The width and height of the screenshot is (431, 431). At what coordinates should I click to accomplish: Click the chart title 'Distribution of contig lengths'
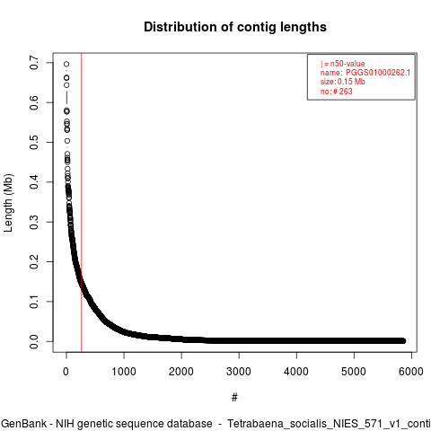point(235,27)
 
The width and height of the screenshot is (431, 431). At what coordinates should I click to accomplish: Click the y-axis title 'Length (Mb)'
point(8,203)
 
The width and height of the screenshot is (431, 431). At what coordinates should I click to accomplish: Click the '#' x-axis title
point(234,398)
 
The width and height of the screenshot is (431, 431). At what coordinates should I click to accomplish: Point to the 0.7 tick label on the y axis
point(34,63)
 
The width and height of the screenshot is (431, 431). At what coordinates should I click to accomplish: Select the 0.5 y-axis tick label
point(34,142)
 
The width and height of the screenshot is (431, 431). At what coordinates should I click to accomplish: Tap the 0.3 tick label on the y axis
point(34,222)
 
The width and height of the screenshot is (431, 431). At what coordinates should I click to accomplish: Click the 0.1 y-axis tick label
point(34,302)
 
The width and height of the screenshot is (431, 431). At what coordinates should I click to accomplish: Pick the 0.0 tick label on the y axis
point(34,341)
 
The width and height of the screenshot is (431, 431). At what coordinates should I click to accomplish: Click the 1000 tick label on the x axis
point(124,372)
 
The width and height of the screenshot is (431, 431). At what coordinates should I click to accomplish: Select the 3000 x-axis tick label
point(239,372)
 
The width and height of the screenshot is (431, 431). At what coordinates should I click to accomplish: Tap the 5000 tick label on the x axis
point(354,372)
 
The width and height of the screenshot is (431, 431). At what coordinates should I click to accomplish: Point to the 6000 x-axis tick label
point(411,372)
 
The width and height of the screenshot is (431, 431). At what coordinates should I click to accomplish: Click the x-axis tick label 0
point(66,372)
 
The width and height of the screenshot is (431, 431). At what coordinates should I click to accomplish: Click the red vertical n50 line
point(82,202)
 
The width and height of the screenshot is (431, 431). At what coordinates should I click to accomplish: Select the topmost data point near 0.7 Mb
point(66,64)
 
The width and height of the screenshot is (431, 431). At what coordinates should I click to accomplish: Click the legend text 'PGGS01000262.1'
point(378,73)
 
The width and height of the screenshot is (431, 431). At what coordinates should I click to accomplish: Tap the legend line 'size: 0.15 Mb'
point(343,82)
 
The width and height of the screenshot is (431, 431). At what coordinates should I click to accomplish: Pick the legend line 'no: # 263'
point(337,91)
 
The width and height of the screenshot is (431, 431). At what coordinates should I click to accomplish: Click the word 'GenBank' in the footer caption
point(24,424)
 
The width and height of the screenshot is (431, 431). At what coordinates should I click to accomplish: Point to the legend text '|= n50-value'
point(343,64)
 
